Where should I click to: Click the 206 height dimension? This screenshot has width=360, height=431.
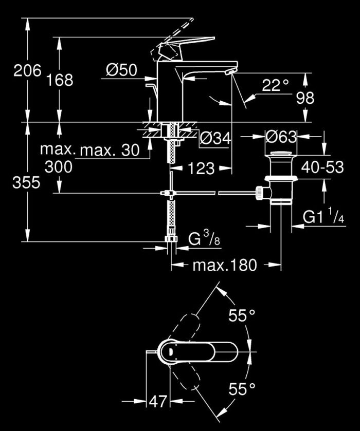(x=27, y=71)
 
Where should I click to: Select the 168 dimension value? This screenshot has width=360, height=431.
(x=60, y=80)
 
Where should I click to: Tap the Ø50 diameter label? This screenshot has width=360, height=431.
(x=122, y=70)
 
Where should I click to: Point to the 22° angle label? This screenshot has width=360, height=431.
(x=275, y=85)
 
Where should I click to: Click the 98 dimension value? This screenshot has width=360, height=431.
(x=305, y=98)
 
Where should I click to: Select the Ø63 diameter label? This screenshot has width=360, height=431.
(x=281, y=137)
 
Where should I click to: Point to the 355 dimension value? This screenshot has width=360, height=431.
(x=26, y=182)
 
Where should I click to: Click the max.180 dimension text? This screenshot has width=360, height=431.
(x=224, y=265)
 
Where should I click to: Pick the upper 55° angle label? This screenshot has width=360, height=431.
(x=242, y=316)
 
